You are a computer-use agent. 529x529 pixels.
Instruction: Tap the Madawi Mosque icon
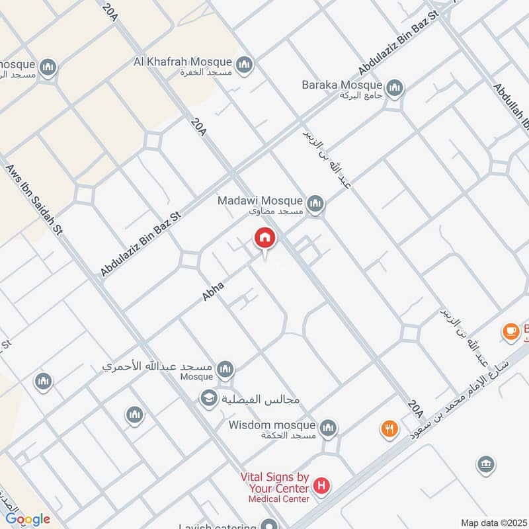(315, 204)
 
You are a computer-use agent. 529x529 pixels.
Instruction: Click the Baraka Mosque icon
(395, 88)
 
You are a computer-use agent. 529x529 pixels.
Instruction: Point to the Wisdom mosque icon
(328, 429)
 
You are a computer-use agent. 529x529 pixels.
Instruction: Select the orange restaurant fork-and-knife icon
(389, 429)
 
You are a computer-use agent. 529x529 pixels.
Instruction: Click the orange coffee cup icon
(510, 331)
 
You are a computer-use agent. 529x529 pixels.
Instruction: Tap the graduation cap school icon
(209, 399)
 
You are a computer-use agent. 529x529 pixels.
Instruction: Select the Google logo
(28, 519)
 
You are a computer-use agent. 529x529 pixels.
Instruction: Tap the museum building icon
(485, 465)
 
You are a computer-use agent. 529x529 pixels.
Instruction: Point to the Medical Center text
(279, 499)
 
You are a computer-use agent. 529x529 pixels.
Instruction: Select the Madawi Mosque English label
(261, 200)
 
